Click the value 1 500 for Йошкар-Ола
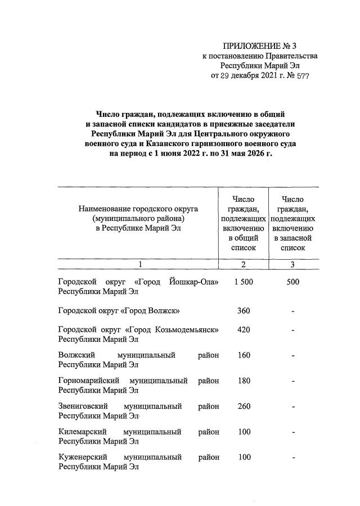243,282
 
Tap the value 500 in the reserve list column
292,282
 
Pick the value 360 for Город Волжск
243,311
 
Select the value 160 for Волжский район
243,355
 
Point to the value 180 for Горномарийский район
243,381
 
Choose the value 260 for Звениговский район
243,406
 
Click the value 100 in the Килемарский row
243,432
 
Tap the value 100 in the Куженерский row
243,457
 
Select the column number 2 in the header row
243,264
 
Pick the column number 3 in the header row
292,264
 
